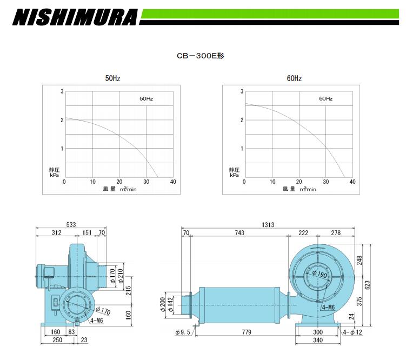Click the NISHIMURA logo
coord(75,17)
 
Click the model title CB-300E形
coord(201,56)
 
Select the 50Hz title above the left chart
coord(112,78)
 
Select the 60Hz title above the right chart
coord(294,78)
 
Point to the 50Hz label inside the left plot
coord(147,98)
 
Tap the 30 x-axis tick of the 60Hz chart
coord(326,182)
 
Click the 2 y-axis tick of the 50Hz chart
coord(62,120)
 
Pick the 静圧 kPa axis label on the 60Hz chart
coord(234,172)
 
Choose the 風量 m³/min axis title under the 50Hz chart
coord(119,189)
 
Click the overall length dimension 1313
coord(268,225)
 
